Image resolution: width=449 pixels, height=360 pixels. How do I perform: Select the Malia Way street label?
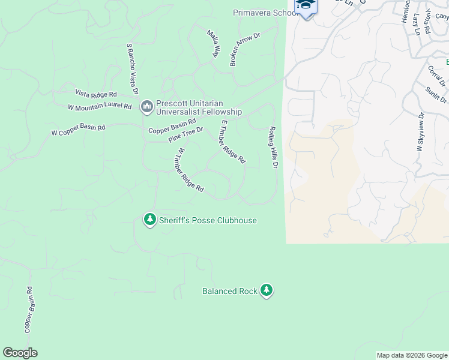(212, 43)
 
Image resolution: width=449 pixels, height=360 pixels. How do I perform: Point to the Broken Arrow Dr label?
(244, 49)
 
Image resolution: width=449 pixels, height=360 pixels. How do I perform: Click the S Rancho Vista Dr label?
(132, 69)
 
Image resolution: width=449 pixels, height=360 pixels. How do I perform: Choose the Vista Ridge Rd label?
(95, 94)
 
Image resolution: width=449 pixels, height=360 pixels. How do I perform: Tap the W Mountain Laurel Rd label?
(100, 107)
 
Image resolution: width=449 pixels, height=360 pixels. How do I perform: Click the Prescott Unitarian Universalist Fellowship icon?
(146, 107)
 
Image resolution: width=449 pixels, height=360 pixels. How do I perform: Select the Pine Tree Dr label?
(185, 134)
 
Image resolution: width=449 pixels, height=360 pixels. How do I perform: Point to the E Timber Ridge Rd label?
(233, 142)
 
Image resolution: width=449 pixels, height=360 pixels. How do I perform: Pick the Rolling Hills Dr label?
(274, 147)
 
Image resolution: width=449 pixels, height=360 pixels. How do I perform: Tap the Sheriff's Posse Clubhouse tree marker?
(149, 220)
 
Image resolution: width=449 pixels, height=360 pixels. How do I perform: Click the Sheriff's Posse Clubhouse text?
(208, 221)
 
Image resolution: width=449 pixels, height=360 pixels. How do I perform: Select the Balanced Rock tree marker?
(267, 291)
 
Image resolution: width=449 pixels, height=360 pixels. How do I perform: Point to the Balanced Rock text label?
(229, 292)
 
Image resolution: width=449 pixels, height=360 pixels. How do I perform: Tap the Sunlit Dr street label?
(436, 94)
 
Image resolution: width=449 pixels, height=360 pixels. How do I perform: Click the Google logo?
(20, 353)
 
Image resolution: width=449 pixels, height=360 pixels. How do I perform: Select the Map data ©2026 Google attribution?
(412, 355)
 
